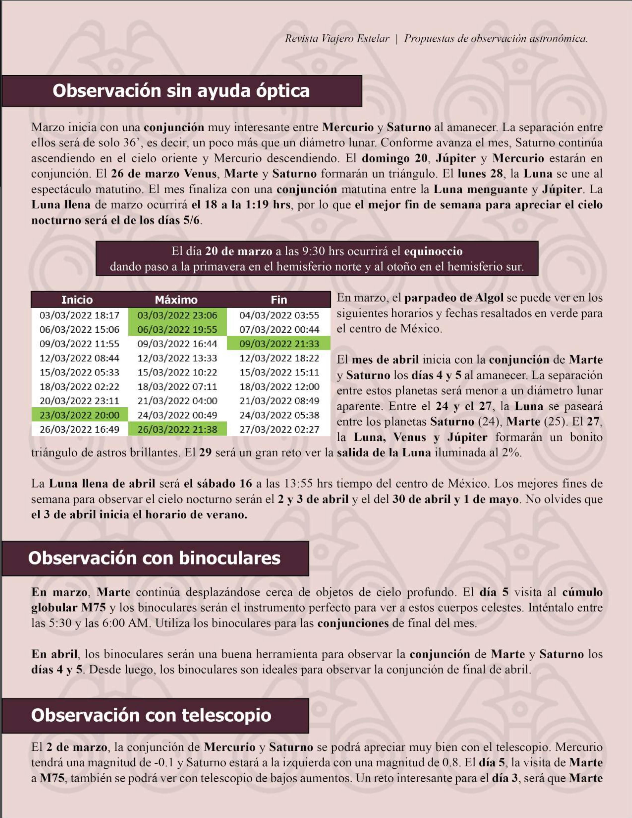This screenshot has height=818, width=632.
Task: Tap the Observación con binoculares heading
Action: [154, 558]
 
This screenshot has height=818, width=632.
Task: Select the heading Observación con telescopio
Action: [151, 715]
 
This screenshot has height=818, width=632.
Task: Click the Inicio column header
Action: [77, 300]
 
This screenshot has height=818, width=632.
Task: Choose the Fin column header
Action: [279, 300]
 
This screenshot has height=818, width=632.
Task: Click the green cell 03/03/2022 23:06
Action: [177, 315]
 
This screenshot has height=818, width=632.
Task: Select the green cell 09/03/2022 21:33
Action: [279, 343]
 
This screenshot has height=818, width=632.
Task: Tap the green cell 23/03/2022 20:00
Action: [79, 415]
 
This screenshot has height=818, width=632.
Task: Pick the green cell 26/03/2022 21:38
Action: [177, 429]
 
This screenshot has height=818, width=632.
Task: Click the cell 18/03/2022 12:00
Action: [279, 387]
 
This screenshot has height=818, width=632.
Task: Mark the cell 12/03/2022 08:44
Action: [79, 358]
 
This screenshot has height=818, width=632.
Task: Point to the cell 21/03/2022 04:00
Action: [177, 401]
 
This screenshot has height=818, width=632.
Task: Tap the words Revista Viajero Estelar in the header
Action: [337, 39]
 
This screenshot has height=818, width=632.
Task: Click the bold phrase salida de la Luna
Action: [384, 452]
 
